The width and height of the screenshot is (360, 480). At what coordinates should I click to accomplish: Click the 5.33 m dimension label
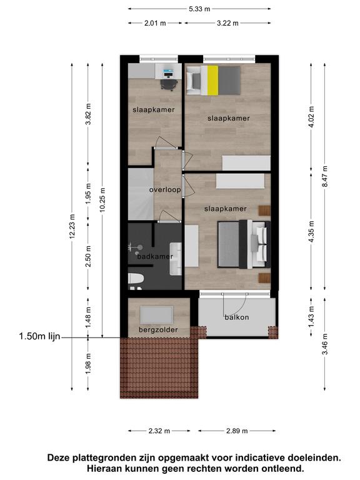tap(199, 9)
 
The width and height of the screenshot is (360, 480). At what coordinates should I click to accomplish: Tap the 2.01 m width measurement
tap(155, 23)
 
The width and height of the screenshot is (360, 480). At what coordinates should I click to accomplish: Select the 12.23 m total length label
tap(72, 226)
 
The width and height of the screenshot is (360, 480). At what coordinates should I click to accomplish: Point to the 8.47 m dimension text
tap(325, 176)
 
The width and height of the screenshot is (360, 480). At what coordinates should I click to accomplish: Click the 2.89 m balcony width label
tap(237, 431)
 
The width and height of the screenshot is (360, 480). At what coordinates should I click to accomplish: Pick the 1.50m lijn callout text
tap(39, 336)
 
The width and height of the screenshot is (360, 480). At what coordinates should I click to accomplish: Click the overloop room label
tap(165, 190)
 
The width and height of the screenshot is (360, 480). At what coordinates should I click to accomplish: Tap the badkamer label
tap(155, 256)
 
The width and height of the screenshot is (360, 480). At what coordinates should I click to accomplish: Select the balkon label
tap(237, 317)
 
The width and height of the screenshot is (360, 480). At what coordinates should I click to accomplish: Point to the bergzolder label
tap(158, 330)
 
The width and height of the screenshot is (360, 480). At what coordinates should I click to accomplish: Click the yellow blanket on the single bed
tap(212, 80)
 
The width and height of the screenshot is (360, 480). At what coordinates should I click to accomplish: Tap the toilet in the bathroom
tap(136, 279)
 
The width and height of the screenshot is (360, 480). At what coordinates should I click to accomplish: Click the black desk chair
tap(169, 84)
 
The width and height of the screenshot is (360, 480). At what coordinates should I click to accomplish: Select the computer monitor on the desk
tap(167, 72)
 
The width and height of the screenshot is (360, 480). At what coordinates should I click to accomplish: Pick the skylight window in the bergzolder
tap(157, 315)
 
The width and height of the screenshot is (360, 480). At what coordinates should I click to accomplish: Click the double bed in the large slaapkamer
tap(244, 244)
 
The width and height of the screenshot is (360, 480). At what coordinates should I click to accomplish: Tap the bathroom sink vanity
tap(176, 259)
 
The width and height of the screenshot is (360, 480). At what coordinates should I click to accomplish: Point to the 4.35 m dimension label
tap(311, 231)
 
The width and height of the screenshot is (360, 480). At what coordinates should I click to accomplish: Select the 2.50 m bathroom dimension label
tap(88, 256)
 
